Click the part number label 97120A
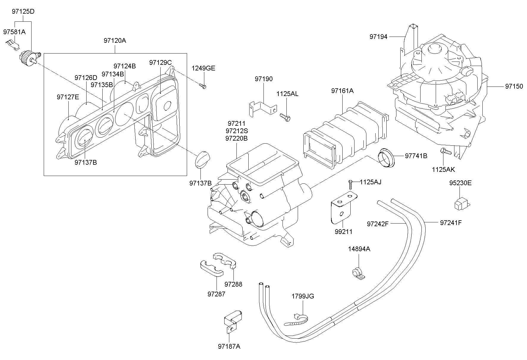point(115,40)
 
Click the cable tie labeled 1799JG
point(297,320)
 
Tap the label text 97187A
point(229,346)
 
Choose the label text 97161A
point(342,91)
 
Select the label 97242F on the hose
point(378,224)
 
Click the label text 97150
point(514,87)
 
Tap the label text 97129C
point(160,62)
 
